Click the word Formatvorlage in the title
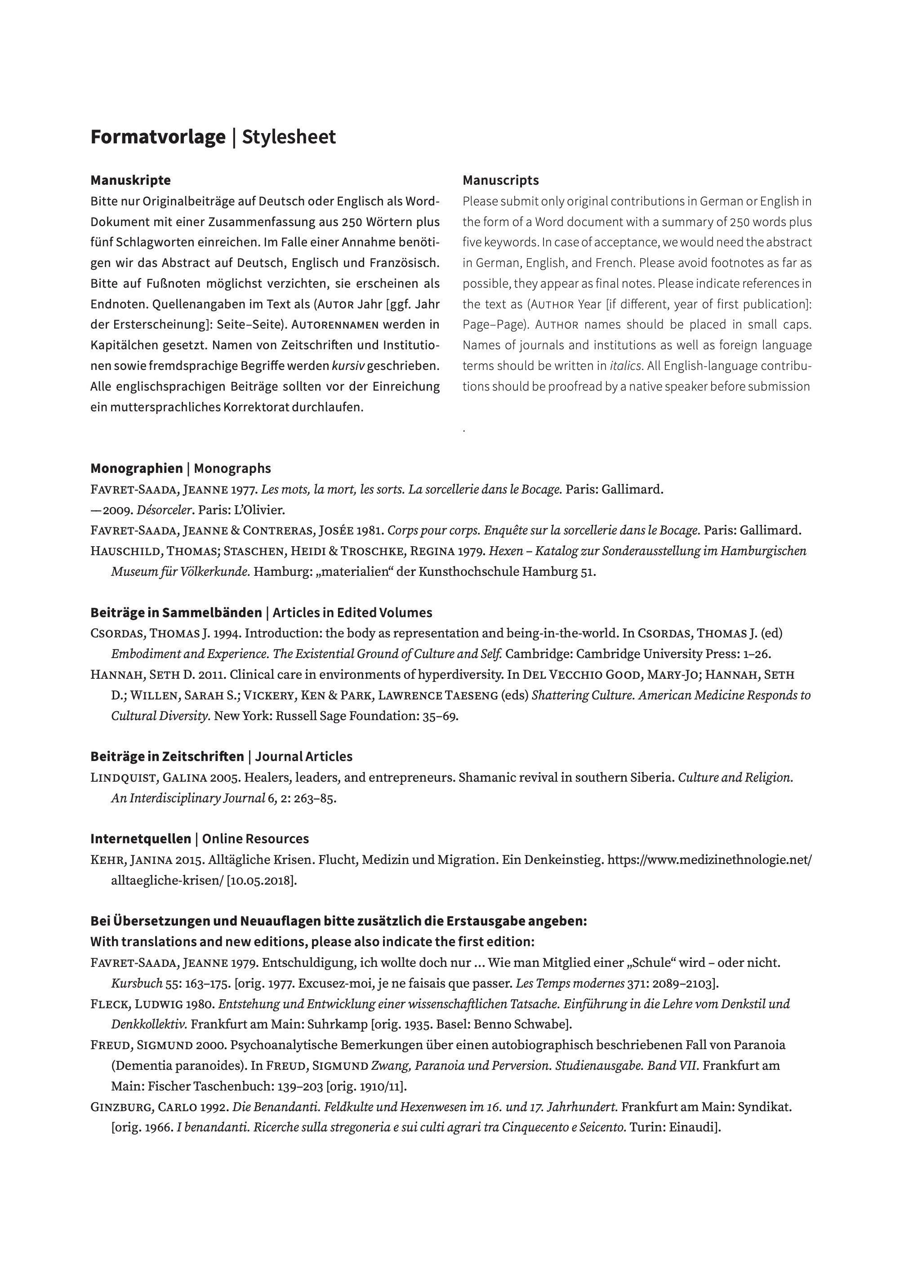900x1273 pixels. coord(158,137)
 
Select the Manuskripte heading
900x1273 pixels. coord(130,180)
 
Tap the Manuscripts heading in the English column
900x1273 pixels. coord(500,180)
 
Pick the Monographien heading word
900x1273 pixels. coord(136,468)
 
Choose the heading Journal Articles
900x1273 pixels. coord(303,757)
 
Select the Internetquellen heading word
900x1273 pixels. coord(140,839)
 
